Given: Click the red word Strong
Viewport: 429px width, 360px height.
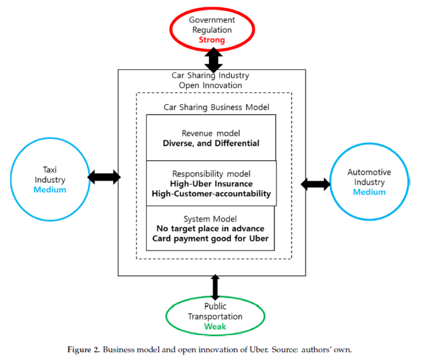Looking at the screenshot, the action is pyautogui.click(x=212, y=40).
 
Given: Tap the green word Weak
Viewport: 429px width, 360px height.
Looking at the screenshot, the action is pyautogui.click(x=215, y=327).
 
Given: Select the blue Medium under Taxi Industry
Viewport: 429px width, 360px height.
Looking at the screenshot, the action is pyautogui.click(x=50, y=190).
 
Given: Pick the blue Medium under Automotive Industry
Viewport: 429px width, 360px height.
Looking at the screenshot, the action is pyautogui.click(x=369, y=192).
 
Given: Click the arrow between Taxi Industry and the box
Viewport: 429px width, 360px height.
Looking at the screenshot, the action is pyautogui.click(x=104, y=177).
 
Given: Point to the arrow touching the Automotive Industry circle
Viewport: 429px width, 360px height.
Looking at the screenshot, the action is pyautogui.click(x=316, y=184).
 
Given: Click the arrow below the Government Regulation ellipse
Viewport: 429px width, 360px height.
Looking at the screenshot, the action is pyautogui.click(x=214, y=60).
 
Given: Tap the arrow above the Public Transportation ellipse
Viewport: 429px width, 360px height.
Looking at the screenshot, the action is pyautogui.click(x=215, y=287).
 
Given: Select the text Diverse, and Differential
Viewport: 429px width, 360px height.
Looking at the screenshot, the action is pyautogui.click(x=211, y=143).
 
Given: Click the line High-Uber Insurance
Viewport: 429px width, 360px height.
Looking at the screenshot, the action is pyautogui.click(x=211, y=184).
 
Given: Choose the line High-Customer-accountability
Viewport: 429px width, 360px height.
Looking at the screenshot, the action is pyautogui.click(x=211, y=194).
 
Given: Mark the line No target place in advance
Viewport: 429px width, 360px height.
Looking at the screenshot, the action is pyautogui.click(x=210, y=228).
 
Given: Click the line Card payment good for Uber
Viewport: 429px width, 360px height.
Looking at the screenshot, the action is pyautogui.click(x=210, y=239).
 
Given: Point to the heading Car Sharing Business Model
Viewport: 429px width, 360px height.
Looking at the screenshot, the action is pyautogui.click(x=216, y=107).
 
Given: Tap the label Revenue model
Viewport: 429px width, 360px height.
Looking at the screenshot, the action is pyautogui.click(x=211, y=133).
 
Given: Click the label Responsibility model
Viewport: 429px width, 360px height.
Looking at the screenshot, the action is pyautogui.click(x=211, y=174).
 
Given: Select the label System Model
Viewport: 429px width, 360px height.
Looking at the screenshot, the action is pyautogui.click(x=210, y=219).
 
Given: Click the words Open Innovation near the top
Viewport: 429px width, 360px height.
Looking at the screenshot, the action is pyautogui.click(x=210, y=85).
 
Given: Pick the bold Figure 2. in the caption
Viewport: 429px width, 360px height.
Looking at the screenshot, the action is pyautogui.click(x=84, y=350).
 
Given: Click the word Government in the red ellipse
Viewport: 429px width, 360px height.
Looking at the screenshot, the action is pyautogui.click(x=212, y=20).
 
